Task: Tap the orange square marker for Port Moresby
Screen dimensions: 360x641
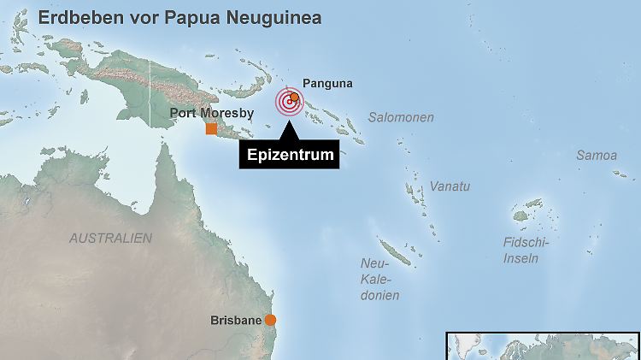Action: pyautogui.click(x=211, y=128)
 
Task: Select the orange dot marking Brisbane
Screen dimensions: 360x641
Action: pyautogui.click(x=270, y=320)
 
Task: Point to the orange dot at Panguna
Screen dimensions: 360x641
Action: pyautogui.click(x=295, y=97)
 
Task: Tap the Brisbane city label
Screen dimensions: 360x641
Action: pyautogui.click(x=235, y=321)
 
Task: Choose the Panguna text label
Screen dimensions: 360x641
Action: pyautogui.click(x=327, y=84)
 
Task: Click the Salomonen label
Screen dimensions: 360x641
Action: pyautogui.click(x=401, y=117)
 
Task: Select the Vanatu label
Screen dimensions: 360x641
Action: pyautogui.click(x=450, y=186)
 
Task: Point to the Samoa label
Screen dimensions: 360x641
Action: pyautogui.click(x=596, y=156)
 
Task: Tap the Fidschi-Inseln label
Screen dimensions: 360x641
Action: pyautogui.click(x=526, y=250)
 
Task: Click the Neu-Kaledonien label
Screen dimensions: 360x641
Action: pyautogui.click(x=380, y=279)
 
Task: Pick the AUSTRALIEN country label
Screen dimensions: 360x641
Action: pyautogui.click(x=110, y=238)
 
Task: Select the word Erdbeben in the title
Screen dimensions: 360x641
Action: pyautogui.click(x=75, y=17)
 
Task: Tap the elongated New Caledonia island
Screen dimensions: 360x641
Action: pyautogui.click(x=397, y=252)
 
